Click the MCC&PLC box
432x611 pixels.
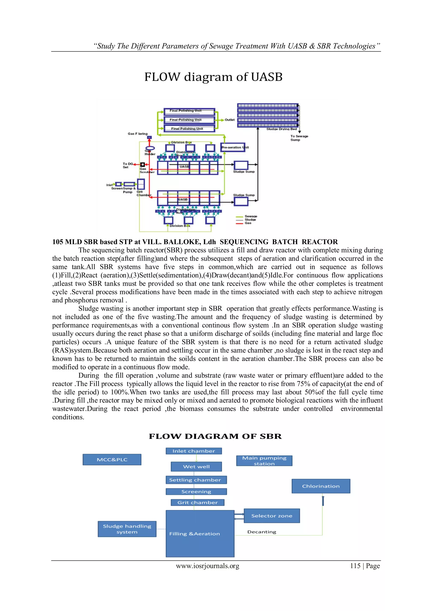112,460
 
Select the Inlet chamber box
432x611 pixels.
194,451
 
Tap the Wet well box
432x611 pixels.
196,466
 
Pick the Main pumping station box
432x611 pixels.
264,461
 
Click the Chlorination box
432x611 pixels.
321,486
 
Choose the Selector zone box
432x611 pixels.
272,516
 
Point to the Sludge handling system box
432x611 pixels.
127,529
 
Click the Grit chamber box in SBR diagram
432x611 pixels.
197,503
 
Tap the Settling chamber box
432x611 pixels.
196,480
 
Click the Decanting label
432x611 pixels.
262,532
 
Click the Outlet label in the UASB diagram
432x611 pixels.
229,120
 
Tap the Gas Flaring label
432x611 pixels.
138,134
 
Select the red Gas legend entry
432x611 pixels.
248,223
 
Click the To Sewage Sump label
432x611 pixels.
299,138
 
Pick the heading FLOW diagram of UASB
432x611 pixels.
213,77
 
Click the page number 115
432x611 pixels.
355,566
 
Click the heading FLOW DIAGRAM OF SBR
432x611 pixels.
215,436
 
